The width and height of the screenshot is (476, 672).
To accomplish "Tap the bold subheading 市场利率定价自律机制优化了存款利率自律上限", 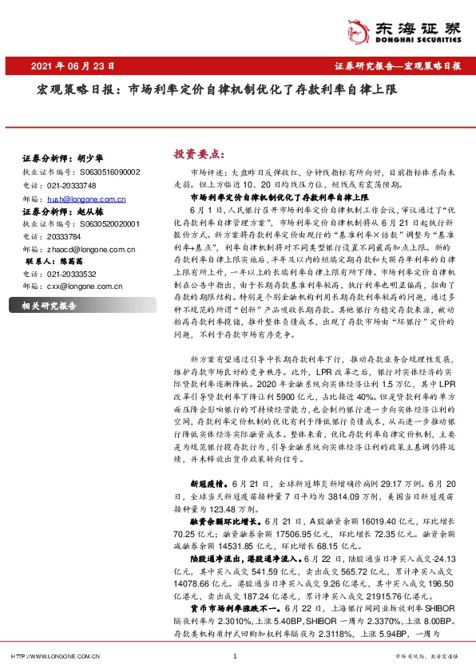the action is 279,196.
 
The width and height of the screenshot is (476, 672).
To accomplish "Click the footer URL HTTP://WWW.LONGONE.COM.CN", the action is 54,657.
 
